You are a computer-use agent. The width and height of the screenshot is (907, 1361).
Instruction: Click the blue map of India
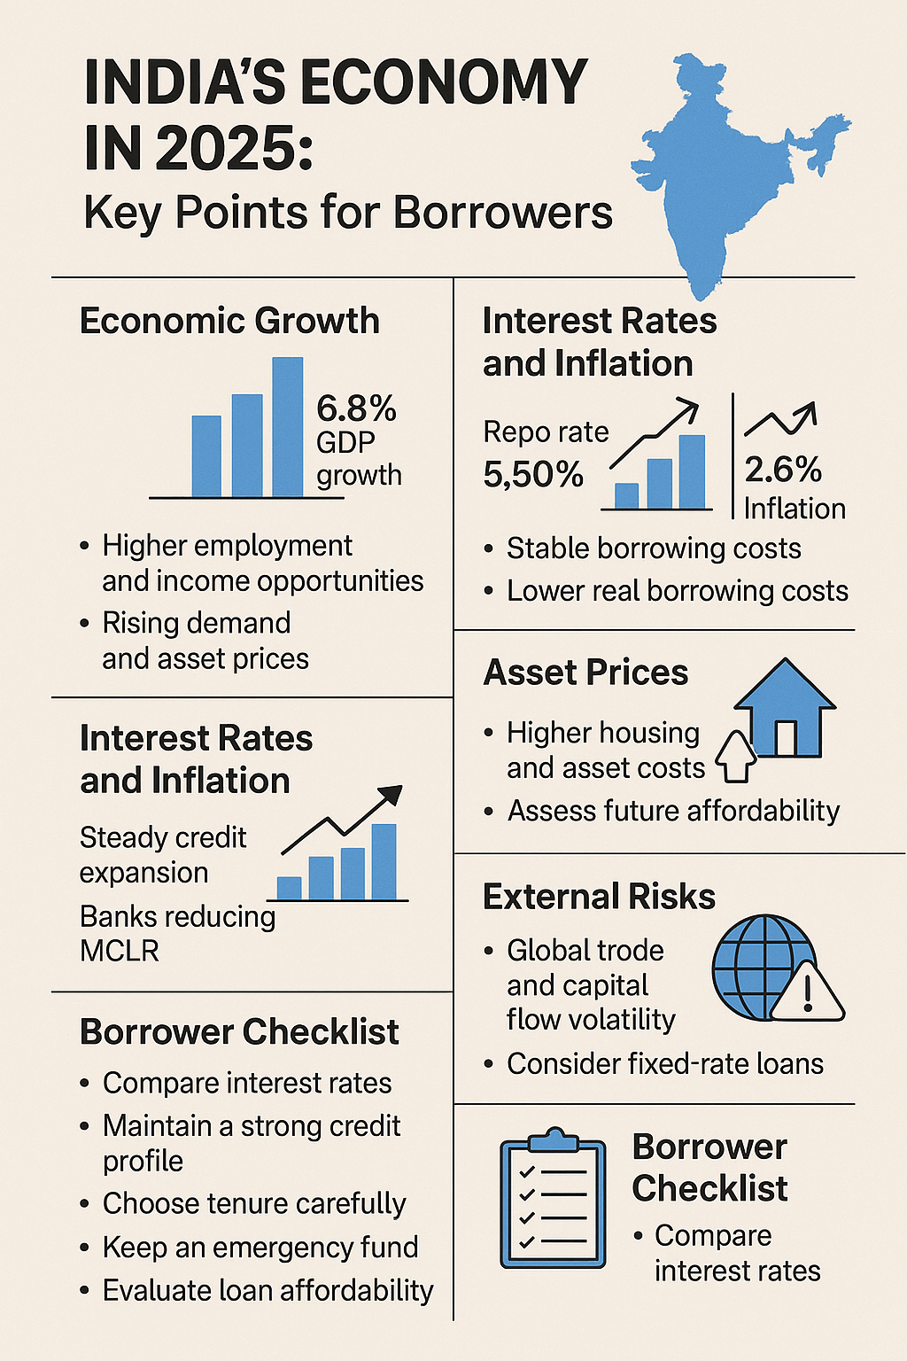726,168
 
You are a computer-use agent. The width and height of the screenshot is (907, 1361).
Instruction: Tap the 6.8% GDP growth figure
356,409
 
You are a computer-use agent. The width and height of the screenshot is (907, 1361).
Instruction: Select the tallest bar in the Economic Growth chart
287,427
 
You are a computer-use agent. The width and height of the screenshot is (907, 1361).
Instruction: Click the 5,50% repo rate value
533,475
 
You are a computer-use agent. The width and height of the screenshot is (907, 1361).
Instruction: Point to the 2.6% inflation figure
783,470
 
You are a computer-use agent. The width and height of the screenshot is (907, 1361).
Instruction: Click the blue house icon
785,709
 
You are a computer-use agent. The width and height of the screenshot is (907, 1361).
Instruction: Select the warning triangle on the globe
807,992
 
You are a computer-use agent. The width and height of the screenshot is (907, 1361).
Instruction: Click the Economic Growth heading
229,321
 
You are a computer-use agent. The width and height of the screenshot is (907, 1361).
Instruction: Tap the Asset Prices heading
585,673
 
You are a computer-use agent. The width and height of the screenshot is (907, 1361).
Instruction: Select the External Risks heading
599,897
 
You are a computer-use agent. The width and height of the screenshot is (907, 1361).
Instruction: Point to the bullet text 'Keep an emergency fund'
260,1247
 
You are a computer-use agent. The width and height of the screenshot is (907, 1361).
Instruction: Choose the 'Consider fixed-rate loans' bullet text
664,1063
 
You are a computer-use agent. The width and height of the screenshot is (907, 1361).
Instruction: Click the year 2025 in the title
235,148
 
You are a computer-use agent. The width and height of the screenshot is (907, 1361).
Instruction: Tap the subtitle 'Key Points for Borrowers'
348,213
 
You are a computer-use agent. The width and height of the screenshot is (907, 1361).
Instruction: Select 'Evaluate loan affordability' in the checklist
267,1290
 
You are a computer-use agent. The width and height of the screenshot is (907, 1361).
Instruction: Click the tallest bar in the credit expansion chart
384,861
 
